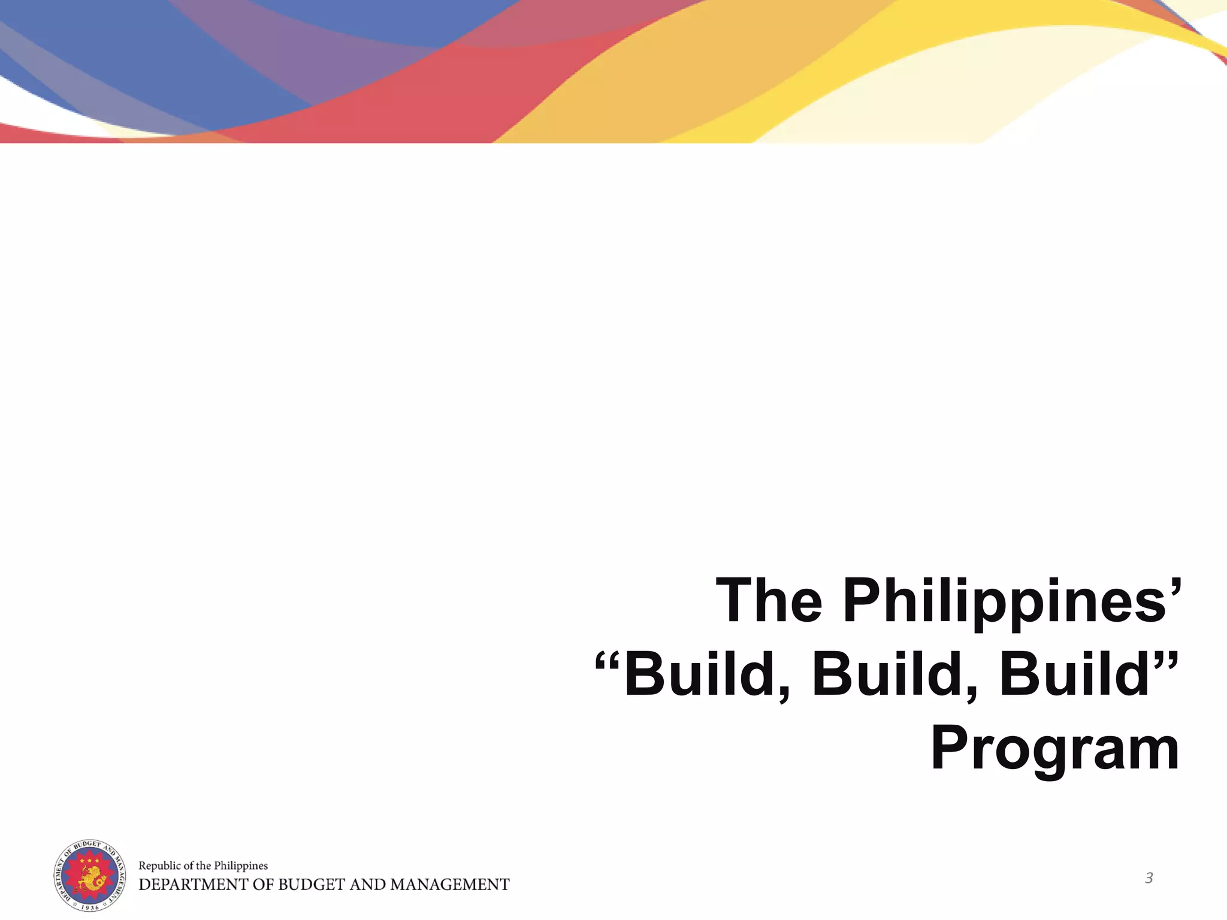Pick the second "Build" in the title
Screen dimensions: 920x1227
coord(894,675)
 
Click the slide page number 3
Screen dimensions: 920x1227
coord(1149,879)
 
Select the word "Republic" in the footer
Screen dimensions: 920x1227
coord(159,865)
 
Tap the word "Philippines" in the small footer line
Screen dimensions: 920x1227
coord(241,865)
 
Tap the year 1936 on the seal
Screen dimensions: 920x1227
coord(90,907)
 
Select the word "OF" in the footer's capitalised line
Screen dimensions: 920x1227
coord(261,885)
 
